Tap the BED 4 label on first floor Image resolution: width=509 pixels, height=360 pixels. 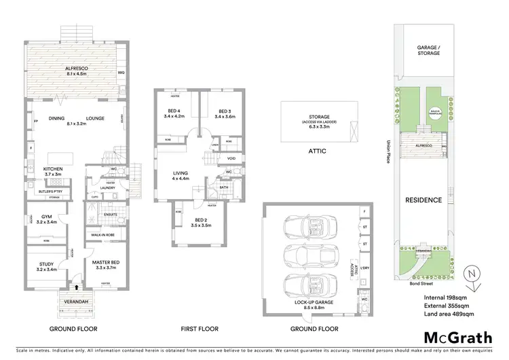174,113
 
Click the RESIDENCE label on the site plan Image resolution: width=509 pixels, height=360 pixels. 423,200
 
